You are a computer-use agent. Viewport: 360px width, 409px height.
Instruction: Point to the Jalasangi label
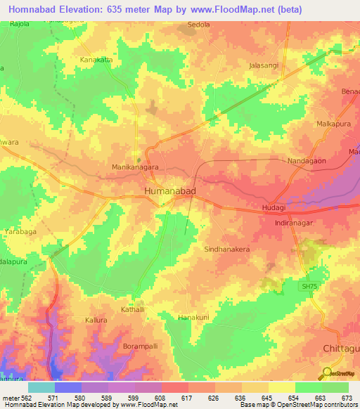264,65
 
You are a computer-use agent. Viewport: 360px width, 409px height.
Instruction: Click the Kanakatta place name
96,60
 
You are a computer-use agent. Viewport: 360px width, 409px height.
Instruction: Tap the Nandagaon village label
307,161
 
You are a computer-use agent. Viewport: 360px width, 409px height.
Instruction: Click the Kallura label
96,320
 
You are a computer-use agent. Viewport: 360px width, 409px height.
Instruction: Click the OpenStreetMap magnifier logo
328,374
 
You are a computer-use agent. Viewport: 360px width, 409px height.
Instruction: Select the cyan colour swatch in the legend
41,387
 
